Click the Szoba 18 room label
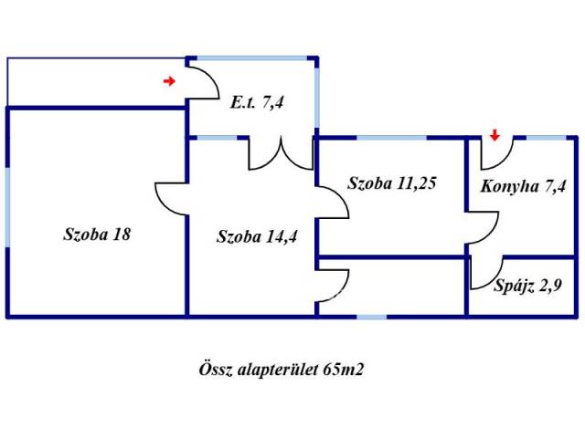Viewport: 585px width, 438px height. click(x=97, y=234)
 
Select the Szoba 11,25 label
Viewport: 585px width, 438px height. click(x=391, y=182)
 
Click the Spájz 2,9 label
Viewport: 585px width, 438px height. click(x=526, y=284)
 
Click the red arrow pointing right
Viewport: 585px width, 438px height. click(x=168, y=82)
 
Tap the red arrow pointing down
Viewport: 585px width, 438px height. click(x=495, y=136)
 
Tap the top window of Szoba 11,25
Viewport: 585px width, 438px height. click(x=391, y=138)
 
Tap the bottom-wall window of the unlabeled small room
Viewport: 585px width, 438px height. click(x=371, y=317)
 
